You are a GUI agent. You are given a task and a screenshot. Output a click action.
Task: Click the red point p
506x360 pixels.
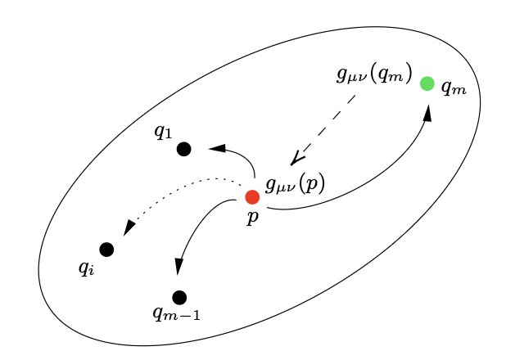click(252, 196)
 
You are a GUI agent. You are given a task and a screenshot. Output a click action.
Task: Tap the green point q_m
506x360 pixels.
click(427, 83)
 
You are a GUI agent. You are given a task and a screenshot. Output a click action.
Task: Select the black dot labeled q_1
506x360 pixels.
click(183, 149)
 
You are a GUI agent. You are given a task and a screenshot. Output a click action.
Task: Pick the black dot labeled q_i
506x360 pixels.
click(106, 250)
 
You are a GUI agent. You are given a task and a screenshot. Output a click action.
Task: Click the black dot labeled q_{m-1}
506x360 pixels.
click(179, 297)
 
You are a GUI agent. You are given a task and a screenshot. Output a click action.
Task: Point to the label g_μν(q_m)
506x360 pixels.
click(374, 74)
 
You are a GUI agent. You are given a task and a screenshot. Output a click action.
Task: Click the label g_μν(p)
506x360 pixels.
click(295, 184)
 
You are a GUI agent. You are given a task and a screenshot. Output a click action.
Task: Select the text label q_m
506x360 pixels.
click(453, 88)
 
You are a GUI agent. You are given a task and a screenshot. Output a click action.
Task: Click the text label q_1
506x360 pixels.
click(163, 131)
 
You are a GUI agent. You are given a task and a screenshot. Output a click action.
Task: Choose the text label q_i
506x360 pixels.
click(86, 268)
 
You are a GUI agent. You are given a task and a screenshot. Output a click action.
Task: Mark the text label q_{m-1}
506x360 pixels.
click(176, 314)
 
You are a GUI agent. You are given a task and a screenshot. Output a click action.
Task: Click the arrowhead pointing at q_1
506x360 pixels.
click(218, 148)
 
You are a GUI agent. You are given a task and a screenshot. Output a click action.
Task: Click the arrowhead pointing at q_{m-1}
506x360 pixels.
click(178, 267)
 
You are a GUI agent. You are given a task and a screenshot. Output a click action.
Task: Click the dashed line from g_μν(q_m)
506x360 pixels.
click(328, 123)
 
